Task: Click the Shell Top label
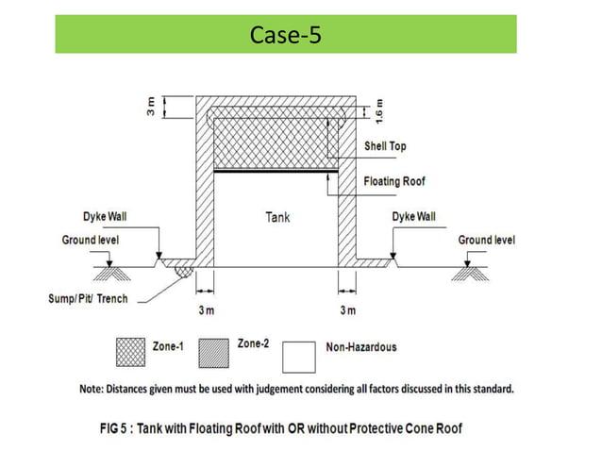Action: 387,147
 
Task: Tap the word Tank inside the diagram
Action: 276,217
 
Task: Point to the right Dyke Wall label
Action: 413,217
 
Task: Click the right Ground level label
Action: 487,241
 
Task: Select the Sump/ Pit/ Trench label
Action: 88,299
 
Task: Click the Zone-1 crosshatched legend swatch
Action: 129,354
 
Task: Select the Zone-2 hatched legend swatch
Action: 220,354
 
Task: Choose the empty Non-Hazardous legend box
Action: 299,354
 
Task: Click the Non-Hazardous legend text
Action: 361,346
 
